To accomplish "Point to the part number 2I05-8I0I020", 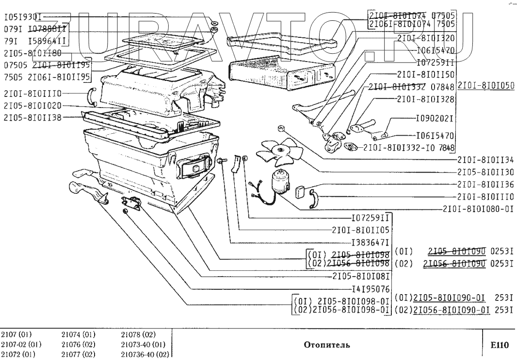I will tap(33, 105).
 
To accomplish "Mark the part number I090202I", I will tap(435, 118).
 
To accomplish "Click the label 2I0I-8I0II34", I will tap(485, 159).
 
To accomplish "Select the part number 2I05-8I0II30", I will tap(485, 172).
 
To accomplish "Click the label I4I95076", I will tap(372, 289).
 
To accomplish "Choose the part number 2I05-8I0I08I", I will tap(362, 277).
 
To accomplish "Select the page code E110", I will tap(499, 345).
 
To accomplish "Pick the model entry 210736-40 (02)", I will tap(143, 355).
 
